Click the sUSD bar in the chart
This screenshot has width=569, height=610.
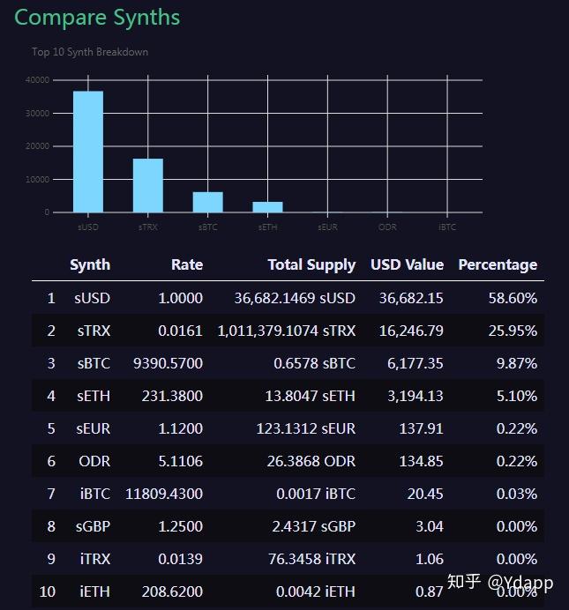(87, 152)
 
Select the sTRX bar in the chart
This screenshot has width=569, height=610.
(147, 185)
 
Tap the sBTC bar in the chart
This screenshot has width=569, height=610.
(207, 202)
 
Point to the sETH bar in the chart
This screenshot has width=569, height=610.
(267, 207)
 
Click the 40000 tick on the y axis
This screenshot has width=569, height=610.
(37, 80)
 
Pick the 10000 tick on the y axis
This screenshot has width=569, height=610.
(37, 179)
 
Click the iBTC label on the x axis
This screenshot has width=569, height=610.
(447, 227)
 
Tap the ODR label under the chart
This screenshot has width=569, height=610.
(387, 227)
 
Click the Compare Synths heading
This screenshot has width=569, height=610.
(97, 17)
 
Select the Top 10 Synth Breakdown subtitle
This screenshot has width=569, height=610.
(90, 52)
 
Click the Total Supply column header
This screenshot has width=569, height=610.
(311, 264)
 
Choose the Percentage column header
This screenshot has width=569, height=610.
(498, 264)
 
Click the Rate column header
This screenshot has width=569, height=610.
(186, 264)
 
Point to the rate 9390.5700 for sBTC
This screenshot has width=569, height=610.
(168, 363)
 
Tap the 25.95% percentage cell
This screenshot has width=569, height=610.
(513, 331)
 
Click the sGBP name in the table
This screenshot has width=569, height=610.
(93, 526)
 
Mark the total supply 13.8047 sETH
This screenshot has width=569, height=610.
(310, 396)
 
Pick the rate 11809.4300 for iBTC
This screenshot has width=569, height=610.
(164, 494)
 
